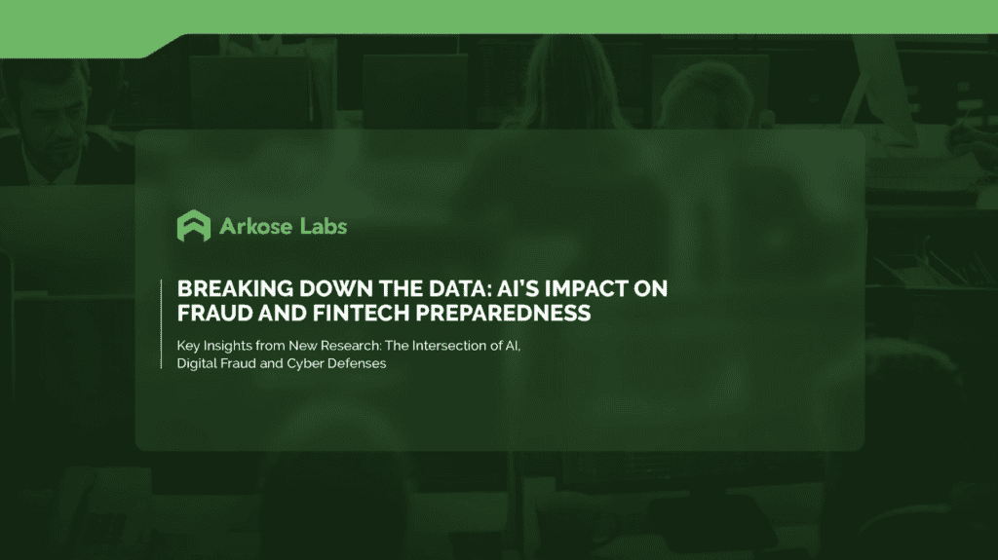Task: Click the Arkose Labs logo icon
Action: pyautogui.click(x=193, y=226)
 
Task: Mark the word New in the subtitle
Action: pyautogui.click(x=317, y=346)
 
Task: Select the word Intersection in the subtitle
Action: pyautogui.click(x=464, y=346)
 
